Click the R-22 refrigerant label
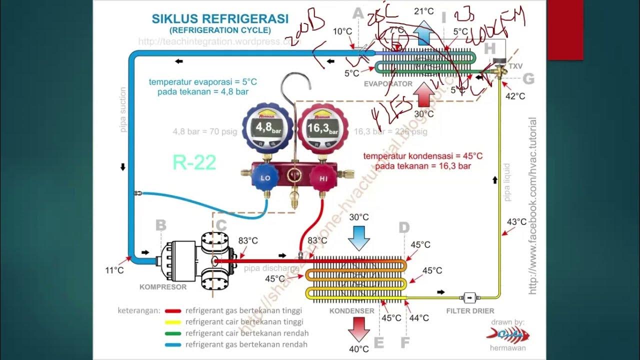194,162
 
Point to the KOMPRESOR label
163,287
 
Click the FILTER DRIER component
469,297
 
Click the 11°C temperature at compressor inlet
114,270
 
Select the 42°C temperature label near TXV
515,96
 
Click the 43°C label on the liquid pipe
517,222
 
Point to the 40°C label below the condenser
359,349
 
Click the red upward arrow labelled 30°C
424,95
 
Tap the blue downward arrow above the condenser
359,237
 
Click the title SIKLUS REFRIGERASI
220,19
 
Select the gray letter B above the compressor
160,225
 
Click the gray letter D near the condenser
404,228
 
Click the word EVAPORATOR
388,84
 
